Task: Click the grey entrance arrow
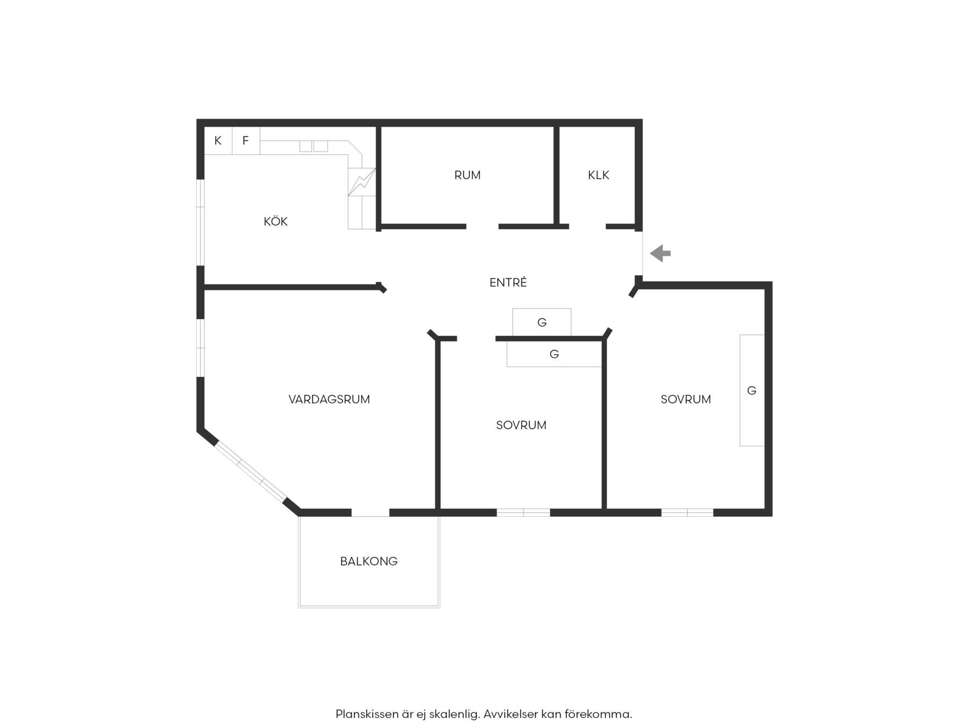point(660,253)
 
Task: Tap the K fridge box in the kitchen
point(218,141)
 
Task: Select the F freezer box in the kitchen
point(246,141)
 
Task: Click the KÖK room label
point(275,221)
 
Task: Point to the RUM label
point(467,175)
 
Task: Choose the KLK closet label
point(599,175)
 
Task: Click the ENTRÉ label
point(508,282)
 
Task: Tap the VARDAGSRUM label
point(329,399)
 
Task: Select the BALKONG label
point(369,561)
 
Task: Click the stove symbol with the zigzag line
point(361,182)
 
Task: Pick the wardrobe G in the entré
point(542,322)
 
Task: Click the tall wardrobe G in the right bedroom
point(752,390)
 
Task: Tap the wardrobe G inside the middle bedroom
point(554,354)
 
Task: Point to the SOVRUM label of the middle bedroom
point(521,425)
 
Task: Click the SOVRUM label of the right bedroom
point(686,399)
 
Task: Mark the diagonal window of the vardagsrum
point(251,471)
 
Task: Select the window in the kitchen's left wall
point(200,222)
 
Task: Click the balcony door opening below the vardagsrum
point(371,513)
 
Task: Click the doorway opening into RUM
point(482,226)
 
